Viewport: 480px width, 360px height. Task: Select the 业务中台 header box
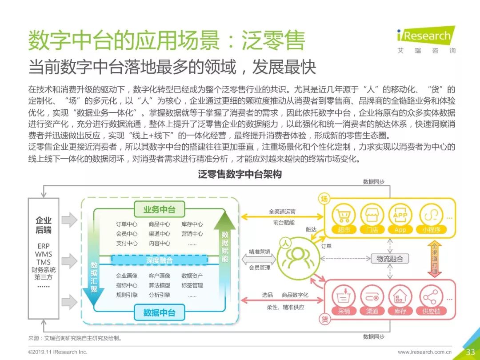click(159, 209)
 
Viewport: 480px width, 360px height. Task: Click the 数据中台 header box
click(159, 312)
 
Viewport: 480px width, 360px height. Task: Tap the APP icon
click(400, 216)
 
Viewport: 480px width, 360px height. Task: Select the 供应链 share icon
click(430, 297)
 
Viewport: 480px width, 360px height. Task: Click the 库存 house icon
click(400, 297)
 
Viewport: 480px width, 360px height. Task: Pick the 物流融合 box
click(390, 259)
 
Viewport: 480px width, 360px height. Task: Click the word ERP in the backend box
click(44, 246)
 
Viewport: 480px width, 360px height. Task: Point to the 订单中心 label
click(127, 224)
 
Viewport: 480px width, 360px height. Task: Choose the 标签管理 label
click(192, 285)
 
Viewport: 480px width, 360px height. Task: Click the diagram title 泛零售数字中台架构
click(240, 175)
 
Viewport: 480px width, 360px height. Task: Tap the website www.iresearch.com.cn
click(424, 352)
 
